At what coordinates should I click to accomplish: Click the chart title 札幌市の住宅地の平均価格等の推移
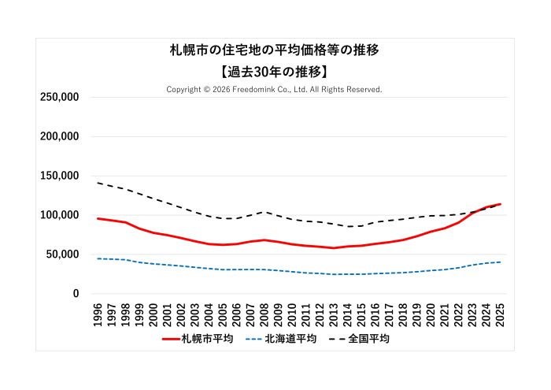pos(275,50)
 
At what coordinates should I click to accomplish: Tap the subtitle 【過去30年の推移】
pos(275,71)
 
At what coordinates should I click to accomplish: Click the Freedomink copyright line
pos(274,90)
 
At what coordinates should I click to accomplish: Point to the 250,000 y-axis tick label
pos(59,97)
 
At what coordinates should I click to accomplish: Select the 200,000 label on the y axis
pos(59,136)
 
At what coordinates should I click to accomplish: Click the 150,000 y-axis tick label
pos(59,176)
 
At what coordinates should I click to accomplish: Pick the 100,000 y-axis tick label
pos(59,215)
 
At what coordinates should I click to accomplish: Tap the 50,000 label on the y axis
pos(62,254)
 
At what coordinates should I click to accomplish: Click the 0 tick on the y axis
pos(76,294)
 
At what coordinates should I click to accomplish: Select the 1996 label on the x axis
pos(98,314)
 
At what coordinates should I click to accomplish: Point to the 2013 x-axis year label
pos(334,314)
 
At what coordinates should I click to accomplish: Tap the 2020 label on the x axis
pos(431,314)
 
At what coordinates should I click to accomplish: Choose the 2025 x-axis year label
pos(500,314)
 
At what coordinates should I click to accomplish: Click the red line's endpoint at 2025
pos(500,204)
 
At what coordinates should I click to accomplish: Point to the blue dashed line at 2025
pos(500,262)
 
